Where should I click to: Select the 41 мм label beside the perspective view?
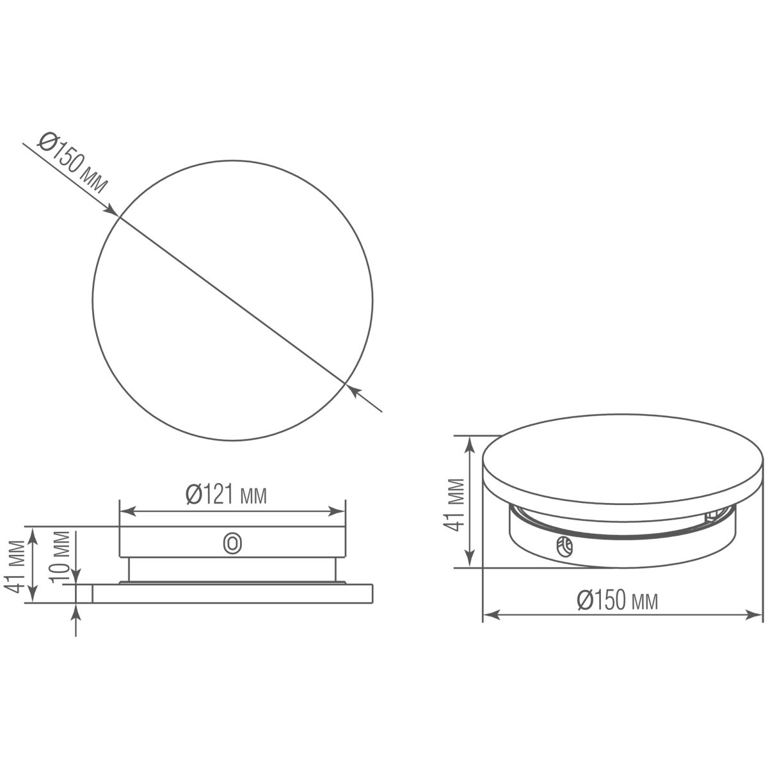tap(455, 503)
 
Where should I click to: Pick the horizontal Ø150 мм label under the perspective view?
tap(618, 600)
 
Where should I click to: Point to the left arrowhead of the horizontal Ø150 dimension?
tap(489, 615)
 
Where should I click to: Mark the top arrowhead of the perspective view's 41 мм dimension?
tap(472, 442)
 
